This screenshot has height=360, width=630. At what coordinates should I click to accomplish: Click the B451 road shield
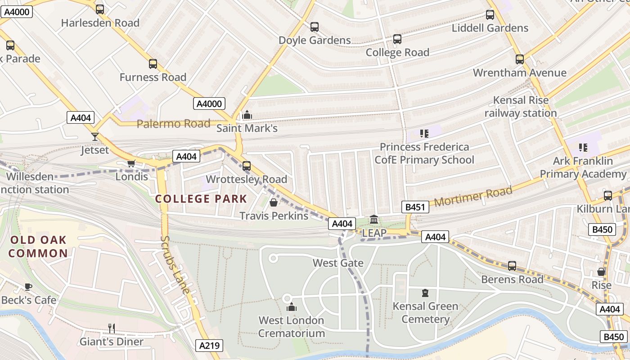(415, 207)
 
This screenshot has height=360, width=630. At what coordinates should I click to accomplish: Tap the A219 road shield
(209, 346)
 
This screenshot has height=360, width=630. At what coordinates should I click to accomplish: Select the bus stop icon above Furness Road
(153, 64)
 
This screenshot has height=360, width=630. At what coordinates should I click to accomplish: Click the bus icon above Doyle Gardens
(315, 27)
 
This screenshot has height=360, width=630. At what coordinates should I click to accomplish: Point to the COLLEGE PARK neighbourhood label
(201, 199)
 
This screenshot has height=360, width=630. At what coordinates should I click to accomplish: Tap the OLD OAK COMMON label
(38, 247)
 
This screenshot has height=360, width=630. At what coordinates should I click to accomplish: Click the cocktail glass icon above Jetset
(95, 137)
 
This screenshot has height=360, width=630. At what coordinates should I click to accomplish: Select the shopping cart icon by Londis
(131, 163)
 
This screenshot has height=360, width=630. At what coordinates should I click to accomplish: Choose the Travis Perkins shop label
(274, 216)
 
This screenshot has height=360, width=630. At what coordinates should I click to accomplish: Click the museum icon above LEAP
(374, 220)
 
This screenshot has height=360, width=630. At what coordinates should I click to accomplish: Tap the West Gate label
(338, 263)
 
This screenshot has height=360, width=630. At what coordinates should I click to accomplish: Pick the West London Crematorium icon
(292, 307)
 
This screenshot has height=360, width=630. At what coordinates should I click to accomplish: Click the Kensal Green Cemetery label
(425, 313)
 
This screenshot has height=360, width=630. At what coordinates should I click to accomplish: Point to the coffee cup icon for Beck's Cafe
(28, 287)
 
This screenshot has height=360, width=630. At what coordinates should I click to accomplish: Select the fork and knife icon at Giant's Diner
(112, 328)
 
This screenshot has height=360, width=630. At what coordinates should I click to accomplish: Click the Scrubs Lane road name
(175, 265)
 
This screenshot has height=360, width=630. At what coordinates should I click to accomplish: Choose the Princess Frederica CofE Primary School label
(424, 153)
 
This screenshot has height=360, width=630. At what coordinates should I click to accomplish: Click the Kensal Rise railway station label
(521, 107)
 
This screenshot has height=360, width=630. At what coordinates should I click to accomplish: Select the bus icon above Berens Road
(512, 266)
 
